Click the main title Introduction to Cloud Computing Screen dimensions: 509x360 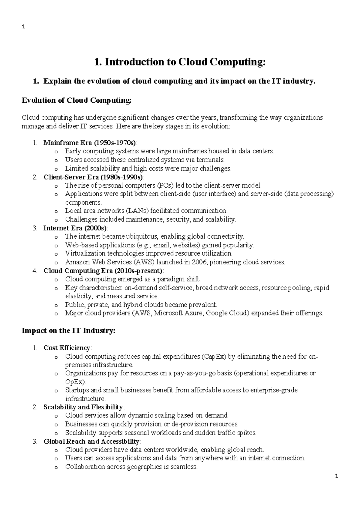pos(180,62)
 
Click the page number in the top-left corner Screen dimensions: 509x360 pos(23,27)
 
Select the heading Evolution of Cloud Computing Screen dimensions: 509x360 pos(76,100)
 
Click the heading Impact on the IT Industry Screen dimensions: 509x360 pos(68,331)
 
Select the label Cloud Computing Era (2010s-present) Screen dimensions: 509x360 pos(103,271)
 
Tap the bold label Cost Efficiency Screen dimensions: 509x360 pos(67,348)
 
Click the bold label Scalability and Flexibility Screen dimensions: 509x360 pos(83,407)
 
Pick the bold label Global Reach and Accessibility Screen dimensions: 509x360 pos(91,441)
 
